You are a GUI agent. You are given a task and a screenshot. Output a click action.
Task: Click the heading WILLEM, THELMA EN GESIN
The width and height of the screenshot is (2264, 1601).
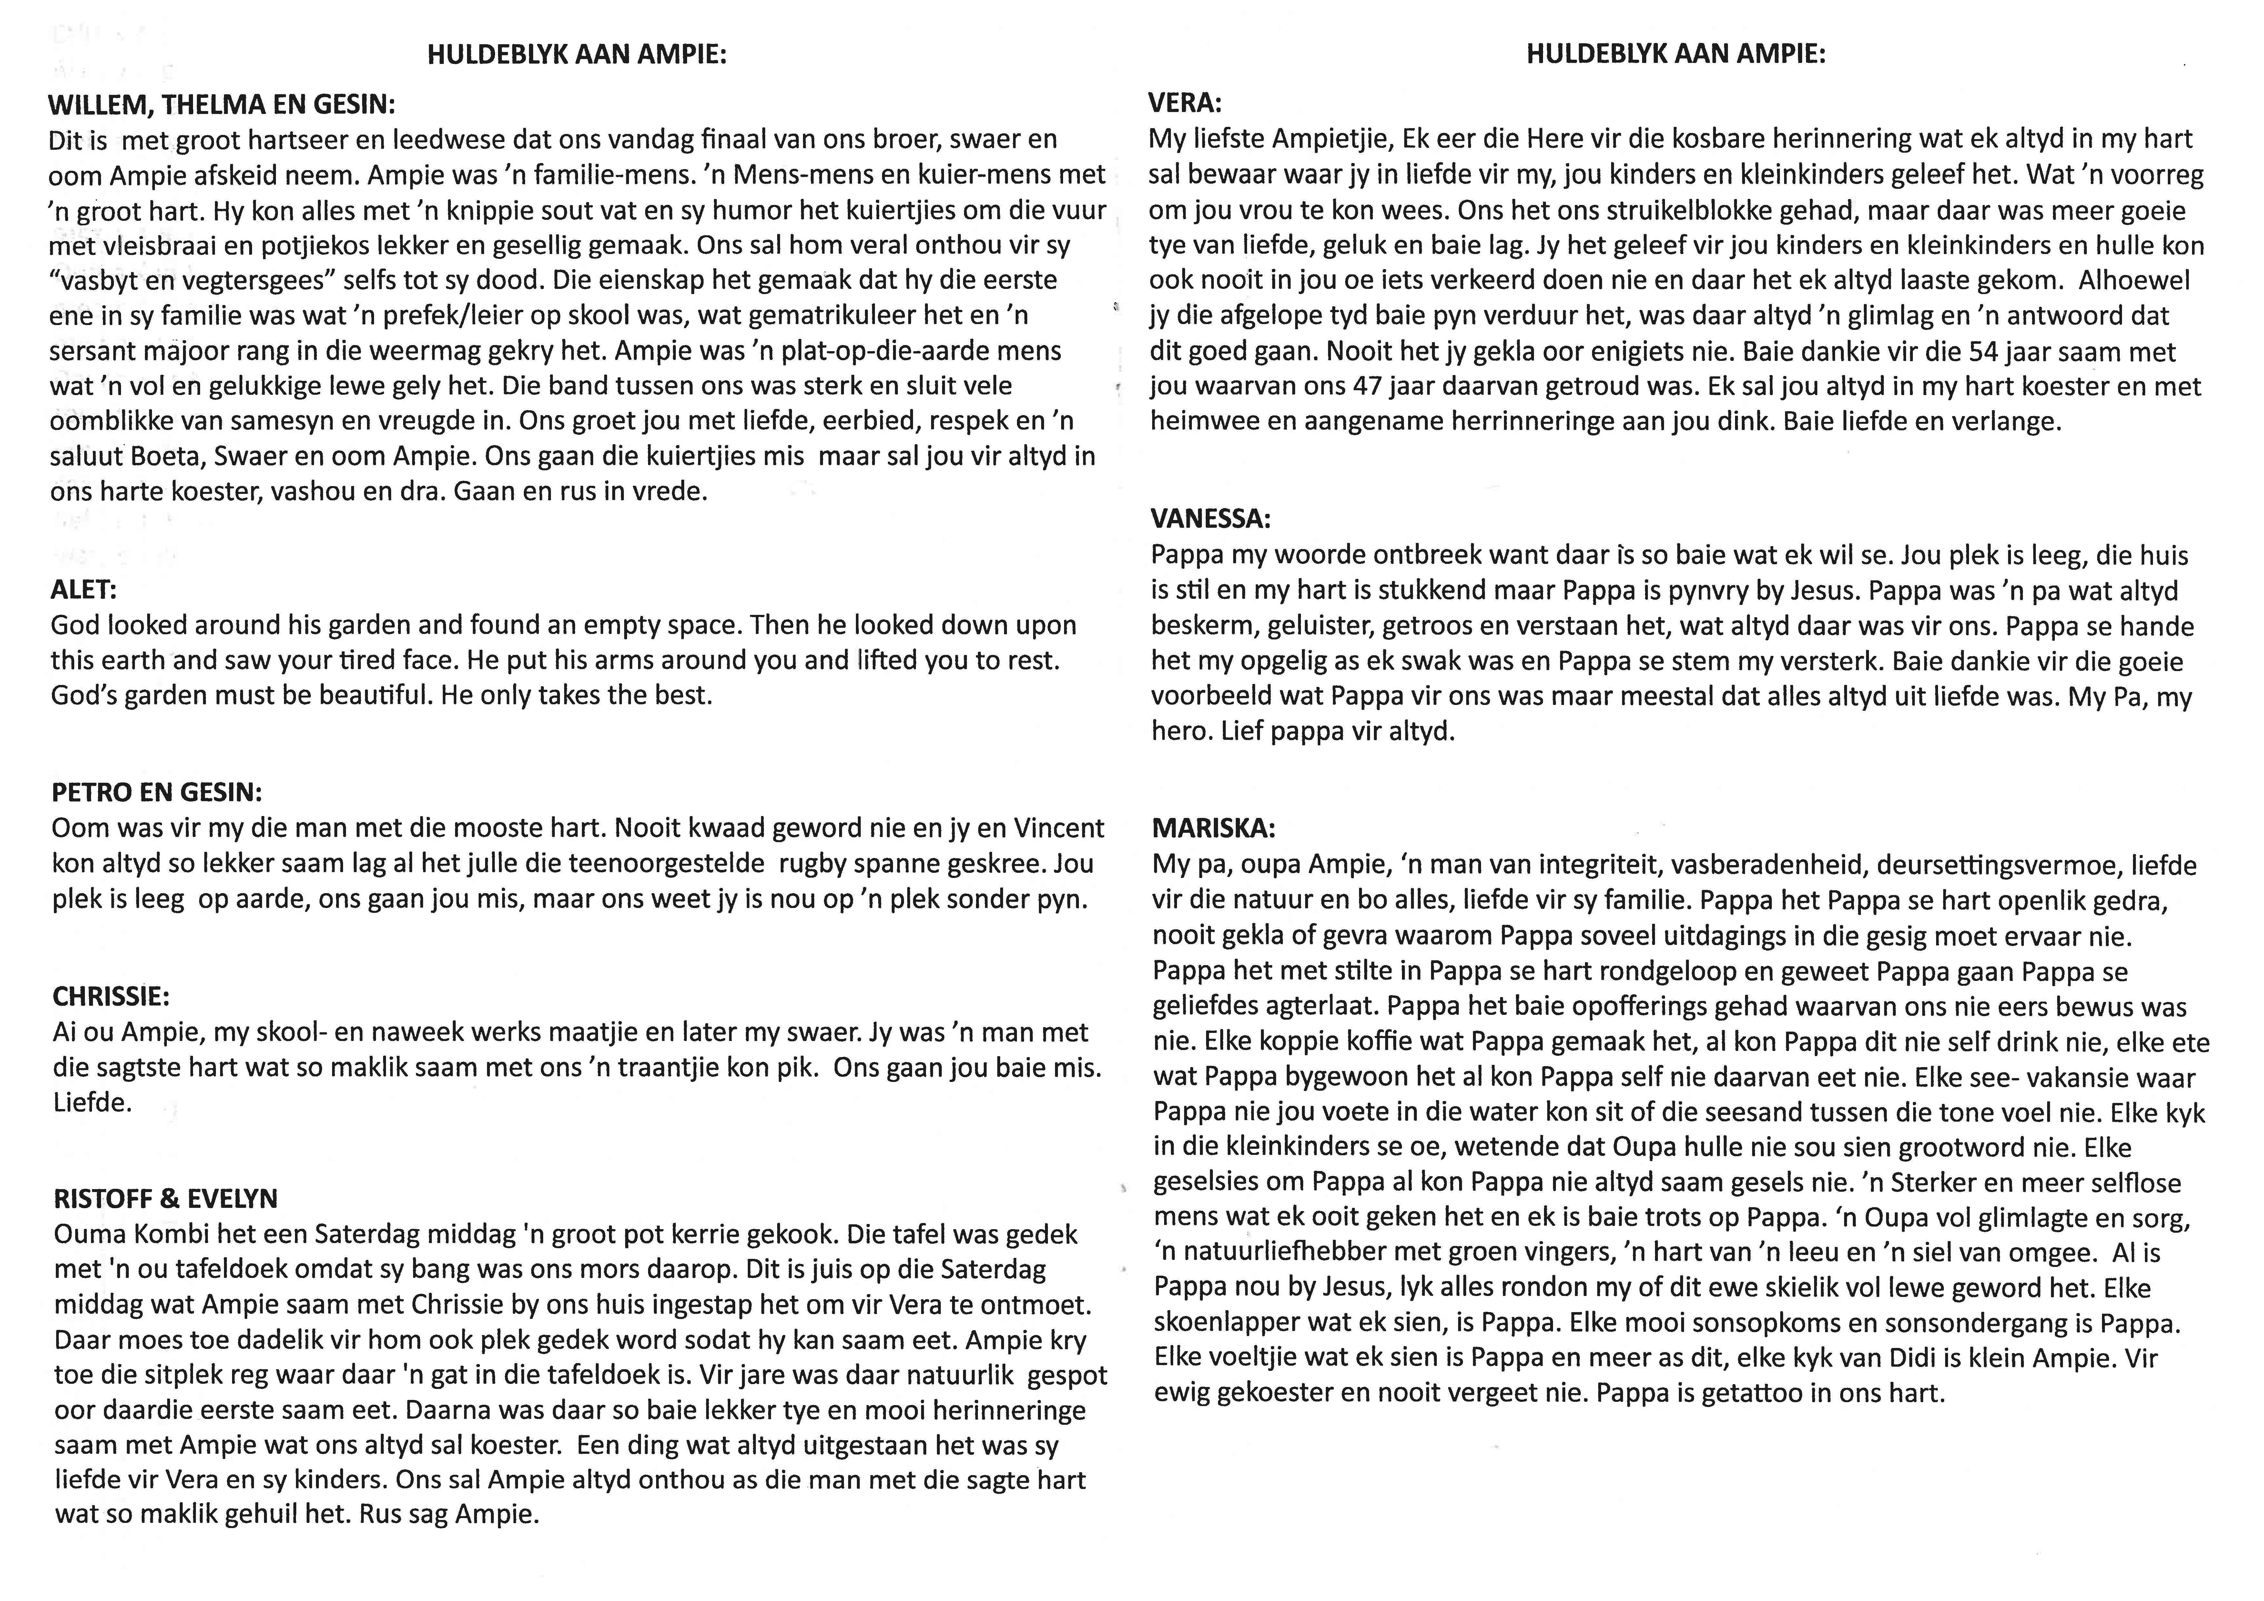(x=222, y=104)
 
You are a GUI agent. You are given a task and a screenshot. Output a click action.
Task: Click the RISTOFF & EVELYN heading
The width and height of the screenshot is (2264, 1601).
(x=166, y=1198)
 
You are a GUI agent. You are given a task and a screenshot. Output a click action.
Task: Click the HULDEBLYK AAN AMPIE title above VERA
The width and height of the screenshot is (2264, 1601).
(x=1675, y=54)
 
